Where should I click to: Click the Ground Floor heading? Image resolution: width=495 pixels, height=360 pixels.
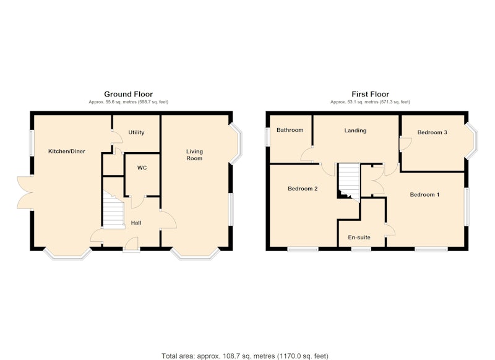coord(128,94)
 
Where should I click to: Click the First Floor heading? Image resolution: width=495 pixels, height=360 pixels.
coord(370,94)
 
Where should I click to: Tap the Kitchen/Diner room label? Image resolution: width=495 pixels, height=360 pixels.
coord(67,151)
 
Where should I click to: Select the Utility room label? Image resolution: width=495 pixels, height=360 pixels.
coord(136,132)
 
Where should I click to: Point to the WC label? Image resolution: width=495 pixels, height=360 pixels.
coord(142,168)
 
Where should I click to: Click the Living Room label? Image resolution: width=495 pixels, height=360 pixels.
coord(194,155)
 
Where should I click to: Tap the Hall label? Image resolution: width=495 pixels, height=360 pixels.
coord(136,223)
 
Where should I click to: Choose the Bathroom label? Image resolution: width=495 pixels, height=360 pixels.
coord(290,130)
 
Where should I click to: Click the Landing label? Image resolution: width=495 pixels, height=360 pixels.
coord(355,131)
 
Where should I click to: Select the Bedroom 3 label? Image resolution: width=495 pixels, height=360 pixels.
coord(432,132)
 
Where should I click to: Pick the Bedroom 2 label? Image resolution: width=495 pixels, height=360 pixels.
coord(303,189)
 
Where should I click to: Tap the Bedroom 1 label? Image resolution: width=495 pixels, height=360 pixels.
coord(424,195)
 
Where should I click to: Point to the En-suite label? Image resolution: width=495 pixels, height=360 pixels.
coord(359,238)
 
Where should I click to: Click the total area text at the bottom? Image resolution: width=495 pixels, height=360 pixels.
coord(245,356)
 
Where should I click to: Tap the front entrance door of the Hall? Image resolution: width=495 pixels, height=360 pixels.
coord(131,245)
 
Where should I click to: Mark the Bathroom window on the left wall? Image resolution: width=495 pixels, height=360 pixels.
coord(267,136)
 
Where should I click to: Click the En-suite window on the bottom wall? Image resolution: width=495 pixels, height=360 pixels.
coord(361,249)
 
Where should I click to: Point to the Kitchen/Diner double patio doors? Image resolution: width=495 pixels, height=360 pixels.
coord(25,193)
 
